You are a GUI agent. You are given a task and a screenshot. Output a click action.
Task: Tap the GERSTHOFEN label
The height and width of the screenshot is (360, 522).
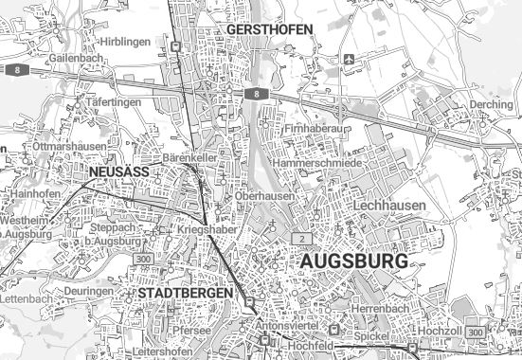270,30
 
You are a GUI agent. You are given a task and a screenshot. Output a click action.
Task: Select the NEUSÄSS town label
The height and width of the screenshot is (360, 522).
119,173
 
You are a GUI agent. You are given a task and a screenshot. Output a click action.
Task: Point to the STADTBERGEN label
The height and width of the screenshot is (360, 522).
185,294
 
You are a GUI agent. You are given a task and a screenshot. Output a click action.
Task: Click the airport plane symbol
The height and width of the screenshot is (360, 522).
351,58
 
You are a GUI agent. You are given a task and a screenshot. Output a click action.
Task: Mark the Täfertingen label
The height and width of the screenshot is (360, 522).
113,101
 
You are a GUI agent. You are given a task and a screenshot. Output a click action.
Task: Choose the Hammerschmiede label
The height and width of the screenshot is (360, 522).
316,164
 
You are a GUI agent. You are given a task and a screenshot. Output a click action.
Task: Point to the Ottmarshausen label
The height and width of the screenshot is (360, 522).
68,148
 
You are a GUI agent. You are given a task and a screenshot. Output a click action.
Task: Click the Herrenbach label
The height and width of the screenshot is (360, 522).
377,310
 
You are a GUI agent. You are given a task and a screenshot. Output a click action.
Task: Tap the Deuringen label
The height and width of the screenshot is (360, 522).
89,291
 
